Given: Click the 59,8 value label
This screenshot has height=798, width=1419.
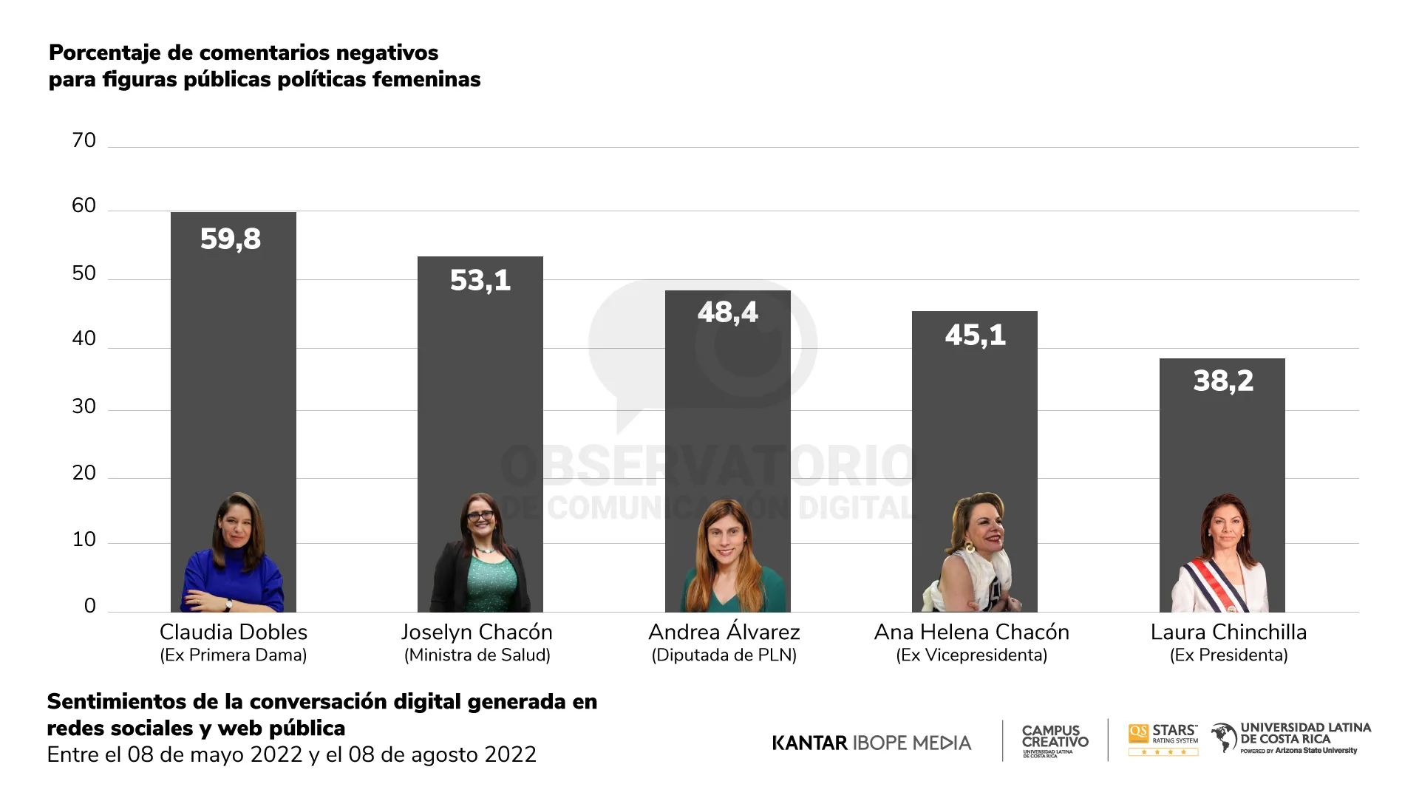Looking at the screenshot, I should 231,239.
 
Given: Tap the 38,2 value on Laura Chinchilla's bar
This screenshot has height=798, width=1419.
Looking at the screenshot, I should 1223,381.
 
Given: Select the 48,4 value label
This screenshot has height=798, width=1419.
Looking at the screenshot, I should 727,312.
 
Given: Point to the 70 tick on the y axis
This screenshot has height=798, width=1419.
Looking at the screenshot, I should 84,140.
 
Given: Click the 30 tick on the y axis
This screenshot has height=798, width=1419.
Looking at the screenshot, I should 84,406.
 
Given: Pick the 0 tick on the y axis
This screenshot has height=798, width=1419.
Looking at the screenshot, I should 89,606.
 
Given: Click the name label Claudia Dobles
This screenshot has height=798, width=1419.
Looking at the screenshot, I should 233,632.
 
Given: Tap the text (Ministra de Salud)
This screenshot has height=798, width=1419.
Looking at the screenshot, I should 477,655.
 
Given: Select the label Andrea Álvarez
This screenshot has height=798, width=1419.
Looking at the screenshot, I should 724,632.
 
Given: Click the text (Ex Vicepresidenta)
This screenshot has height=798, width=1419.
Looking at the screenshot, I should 971,655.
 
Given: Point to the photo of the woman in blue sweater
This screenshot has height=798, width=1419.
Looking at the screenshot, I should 234,554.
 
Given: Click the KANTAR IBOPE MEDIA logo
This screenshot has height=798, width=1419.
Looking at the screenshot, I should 871,743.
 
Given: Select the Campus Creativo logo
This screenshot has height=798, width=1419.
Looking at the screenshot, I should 1055,740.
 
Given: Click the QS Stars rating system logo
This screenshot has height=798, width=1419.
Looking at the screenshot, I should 1163,739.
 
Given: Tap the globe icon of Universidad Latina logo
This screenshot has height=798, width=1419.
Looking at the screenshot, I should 1224,737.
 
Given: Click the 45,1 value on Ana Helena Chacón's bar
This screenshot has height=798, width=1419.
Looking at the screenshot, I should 975,335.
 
